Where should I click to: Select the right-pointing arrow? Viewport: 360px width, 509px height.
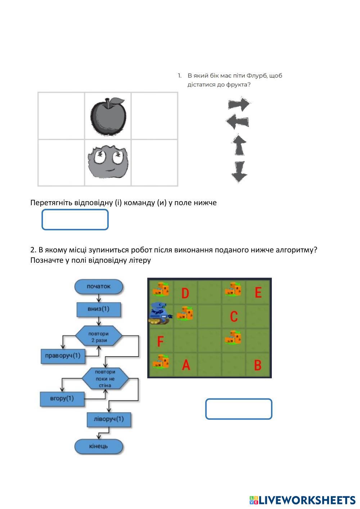(x=239, y=104)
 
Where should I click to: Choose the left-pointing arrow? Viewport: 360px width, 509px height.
(x=238, y=122)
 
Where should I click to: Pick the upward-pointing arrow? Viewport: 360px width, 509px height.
(x=239, y=145)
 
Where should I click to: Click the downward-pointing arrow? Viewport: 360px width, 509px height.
(x=239, y=171)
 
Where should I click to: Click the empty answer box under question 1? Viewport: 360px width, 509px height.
(x=75, y=220)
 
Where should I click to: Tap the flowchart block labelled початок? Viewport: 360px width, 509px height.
(x=99, y=287)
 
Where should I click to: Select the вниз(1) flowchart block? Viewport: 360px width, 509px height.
(x=99, y=309)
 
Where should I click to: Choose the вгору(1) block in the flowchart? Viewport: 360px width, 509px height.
(x=62, y=398)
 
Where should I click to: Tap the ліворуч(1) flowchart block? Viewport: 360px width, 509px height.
(x=108, y=419)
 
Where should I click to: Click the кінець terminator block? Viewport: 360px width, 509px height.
(x=99, y=446)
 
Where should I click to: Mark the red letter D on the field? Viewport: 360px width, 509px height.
(x=185, y=293)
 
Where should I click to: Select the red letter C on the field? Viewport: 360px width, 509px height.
(x=234, y=316)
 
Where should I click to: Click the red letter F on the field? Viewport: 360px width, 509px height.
(x=160, y=341)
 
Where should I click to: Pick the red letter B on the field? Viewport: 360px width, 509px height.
(x=258, y=365)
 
